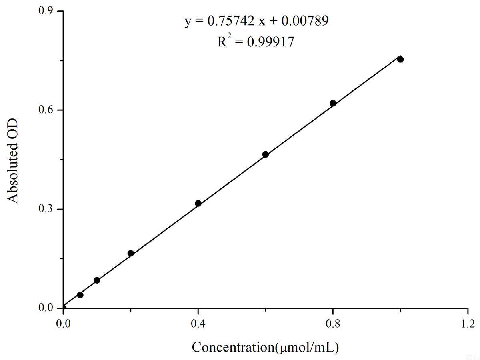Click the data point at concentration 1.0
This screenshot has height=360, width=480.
(400, 59)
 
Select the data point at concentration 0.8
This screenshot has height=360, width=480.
(333, 103)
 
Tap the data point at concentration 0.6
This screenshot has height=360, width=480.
(266, 154)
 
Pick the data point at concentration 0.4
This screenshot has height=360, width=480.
(198, 203)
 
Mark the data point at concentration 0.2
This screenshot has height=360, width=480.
(131, 253)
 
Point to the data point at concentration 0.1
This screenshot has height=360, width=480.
(97, 280)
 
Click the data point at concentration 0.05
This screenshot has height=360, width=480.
(80, 295)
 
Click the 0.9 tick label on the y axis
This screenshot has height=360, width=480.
(47, 11)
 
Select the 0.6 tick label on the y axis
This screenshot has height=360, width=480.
(47, 110)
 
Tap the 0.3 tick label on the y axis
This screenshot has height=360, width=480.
(47, 209)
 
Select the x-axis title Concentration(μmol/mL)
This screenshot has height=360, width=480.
(266, 347)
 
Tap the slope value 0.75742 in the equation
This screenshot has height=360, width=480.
(230, 21)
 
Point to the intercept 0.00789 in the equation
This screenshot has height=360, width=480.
(304, 21)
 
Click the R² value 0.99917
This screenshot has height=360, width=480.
(271, 42)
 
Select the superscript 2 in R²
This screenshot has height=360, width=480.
(229, 36)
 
